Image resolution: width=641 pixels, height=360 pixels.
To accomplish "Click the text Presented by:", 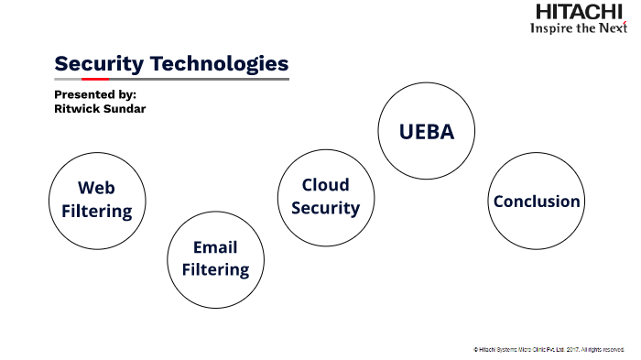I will (x=94, y=94).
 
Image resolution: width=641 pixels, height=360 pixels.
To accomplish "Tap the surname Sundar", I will (x=126, y=109).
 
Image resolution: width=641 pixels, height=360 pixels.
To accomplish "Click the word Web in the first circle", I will (x=96, y=188).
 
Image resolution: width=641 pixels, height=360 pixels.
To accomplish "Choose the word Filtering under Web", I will (x=96, y=211).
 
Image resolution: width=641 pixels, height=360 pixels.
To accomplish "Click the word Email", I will (x=215, y=247).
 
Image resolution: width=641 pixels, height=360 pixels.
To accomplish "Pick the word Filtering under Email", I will (x=215, y=269).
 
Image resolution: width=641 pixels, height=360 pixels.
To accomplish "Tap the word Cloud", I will (x=326, y=185).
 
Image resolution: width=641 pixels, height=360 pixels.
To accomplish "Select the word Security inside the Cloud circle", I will (x=326, y=208).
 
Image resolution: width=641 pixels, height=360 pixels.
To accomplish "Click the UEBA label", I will (x=426, y=131).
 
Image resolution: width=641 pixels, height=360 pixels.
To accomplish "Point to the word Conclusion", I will (x=537, y=202).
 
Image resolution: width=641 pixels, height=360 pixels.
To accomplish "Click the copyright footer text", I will (x=549, y=349).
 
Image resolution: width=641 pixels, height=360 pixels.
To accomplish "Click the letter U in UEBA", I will (x=406, y=131).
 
